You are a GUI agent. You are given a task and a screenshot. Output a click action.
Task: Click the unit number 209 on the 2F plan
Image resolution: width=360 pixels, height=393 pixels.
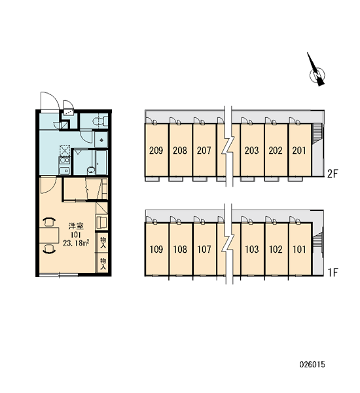tap(156, 151)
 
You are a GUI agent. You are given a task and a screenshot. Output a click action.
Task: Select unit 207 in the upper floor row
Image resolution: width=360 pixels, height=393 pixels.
tap(204, 151)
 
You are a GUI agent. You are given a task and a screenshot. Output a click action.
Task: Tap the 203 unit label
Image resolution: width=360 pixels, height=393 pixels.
tap(251, 151)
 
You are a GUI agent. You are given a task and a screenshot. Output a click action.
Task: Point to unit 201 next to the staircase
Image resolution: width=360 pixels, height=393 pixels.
tap(299, 151)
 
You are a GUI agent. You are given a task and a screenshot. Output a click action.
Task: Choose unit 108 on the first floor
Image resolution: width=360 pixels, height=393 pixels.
tap(180, 249)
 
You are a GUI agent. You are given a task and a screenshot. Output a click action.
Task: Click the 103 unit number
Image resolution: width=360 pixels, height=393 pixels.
tap(252, 249)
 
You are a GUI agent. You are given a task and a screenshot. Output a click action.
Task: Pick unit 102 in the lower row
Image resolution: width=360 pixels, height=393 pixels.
tap(276, 249)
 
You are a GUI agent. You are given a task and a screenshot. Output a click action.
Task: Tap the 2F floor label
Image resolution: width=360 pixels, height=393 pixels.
tap(333, 174)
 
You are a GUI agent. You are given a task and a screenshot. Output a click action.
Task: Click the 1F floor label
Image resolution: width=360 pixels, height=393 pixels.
tap(333, 272)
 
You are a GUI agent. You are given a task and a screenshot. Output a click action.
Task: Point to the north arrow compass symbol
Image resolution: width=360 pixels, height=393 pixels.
tap(317, 71)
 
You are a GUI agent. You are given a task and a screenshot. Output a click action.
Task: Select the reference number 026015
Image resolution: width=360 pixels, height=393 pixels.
tap(312, 364)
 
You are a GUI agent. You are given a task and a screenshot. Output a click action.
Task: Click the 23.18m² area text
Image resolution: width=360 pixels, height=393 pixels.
tap(77, 243)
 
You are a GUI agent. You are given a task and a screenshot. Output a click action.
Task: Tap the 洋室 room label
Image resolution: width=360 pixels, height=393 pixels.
tap(76, 226)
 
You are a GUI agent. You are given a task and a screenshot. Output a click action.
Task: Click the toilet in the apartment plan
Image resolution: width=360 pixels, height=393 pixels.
tap(99, 121)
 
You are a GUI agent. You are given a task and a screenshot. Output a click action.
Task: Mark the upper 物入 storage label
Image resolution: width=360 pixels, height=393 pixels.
tap(103, 242)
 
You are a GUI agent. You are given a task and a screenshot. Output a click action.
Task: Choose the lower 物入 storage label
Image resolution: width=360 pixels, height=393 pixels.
tap(103, 264)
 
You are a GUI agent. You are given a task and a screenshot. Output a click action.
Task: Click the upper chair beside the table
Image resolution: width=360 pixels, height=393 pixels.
tap(49, 221)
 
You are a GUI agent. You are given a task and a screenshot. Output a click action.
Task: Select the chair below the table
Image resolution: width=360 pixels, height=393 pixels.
tap(49, 250)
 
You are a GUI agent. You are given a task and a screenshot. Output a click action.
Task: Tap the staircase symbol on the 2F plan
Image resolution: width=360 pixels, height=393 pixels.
tap(317, 134)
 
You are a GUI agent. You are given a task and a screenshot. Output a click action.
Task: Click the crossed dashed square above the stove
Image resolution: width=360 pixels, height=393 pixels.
tap(65, 151)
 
